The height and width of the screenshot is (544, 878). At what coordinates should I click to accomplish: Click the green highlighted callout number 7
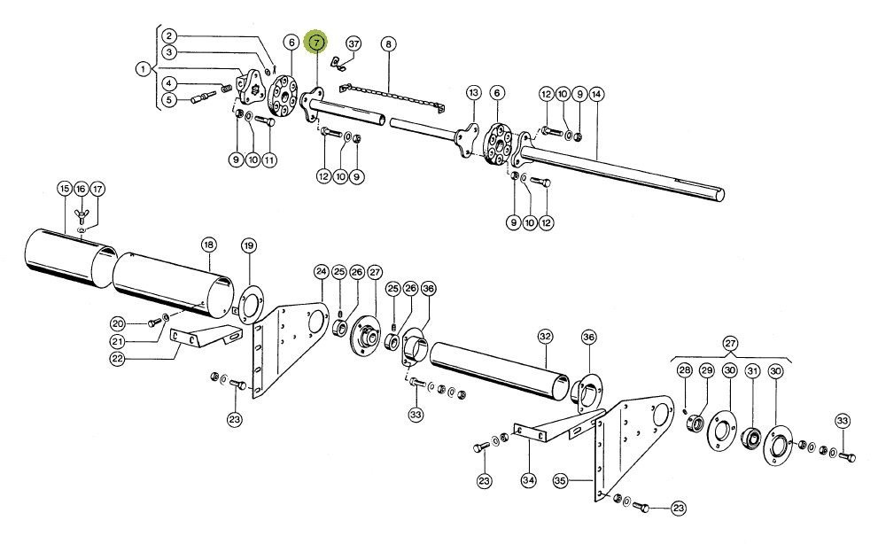(316, 43)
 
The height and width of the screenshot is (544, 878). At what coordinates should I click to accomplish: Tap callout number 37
(354, 43)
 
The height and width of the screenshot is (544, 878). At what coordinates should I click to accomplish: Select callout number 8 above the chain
(388, 43)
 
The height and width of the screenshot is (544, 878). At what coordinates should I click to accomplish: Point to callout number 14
(596, 93)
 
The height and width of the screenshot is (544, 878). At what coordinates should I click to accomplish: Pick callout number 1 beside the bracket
(142, 67)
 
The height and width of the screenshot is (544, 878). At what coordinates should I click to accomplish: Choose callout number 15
(64, 189)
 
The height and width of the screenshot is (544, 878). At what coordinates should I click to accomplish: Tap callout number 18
(208, 244)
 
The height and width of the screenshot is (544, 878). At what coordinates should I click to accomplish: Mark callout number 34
(528, 481)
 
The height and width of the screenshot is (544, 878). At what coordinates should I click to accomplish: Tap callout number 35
(559, 481)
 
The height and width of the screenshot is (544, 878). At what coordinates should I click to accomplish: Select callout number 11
(268, 159)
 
